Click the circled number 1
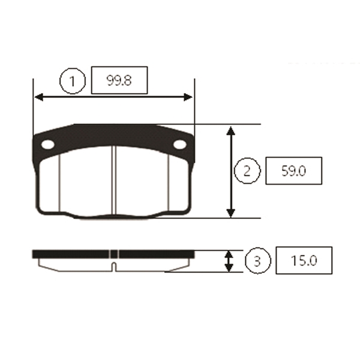pyautogui.click(x=73, y=81)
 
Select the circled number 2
pyautogui.click(x=247, y=170)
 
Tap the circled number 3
pyautogui.click(x=257, y=260)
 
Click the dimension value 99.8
pyautogui.click(x=119, y=80)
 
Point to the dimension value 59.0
pyautogui.click(x=293, y=171)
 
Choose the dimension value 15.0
pyautogui.click(x=304, y=260)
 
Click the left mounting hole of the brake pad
pyautogui.click(x=48, y=145)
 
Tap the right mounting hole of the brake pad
pyautogui.click(x=180, y=145)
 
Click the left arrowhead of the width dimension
pyautogui.click(x=38, y=97)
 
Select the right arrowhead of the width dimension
pyautogui.click(x=188, y=97)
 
